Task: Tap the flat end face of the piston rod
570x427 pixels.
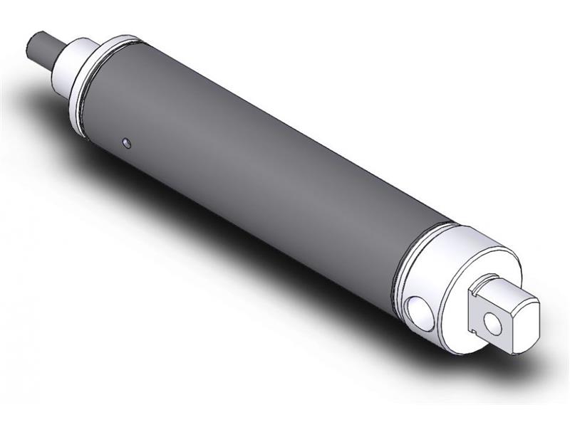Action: (x=31, y=45)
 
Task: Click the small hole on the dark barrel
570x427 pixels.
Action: (x=127, y=144)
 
